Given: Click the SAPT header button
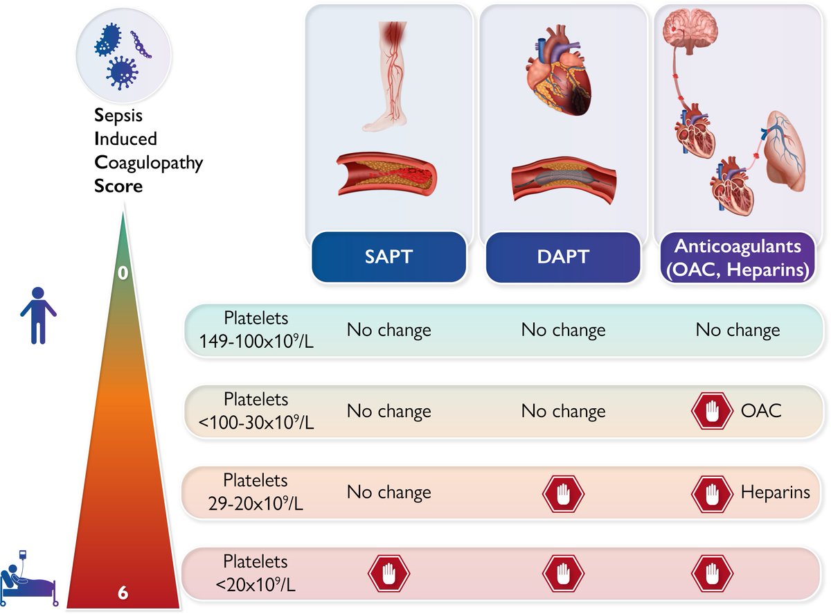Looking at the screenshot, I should (388, 256).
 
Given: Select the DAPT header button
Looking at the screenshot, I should (563, 256).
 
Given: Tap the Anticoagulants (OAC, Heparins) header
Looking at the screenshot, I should (738, 257).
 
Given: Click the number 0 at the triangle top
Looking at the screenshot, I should (123, 273).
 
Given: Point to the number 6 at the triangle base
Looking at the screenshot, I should (123, 593).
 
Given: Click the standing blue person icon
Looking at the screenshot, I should (38, 315).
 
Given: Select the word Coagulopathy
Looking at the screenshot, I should (148, 162).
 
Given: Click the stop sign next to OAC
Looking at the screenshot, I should (711, 411).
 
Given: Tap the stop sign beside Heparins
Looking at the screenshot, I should (711, 493).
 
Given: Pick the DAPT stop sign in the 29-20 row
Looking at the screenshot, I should (563, 493).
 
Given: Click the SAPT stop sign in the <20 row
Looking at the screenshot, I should (388, 574).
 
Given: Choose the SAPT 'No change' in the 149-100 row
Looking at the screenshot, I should (388, 330).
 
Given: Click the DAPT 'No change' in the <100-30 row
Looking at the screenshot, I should (563, 411).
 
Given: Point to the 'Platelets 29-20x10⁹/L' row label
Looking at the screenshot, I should (256, 492).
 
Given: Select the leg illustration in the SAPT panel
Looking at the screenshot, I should (391, 76).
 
